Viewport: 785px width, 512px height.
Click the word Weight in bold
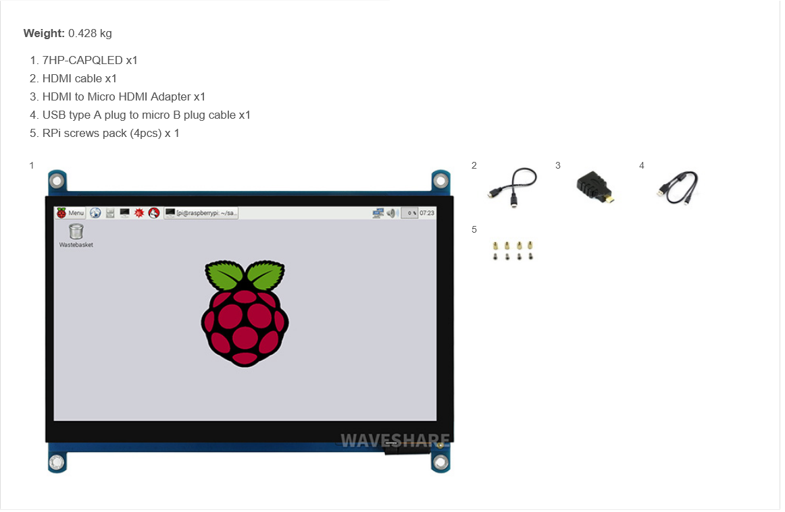pos(44,33)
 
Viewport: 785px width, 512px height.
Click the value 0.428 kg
pos(90,33)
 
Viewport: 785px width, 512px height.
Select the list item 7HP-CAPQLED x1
pos(90,60)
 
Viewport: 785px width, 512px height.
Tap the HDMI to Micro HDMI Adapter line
pos(124,96)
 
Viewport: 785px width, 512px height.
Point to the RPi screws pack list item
pos(111,133)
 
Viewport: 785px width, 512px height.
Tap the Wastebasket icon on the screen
pos(76,232)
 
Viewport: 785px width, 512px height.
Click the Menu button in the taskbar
pos(70,213)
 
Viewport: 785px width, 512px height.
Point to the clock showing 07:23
pos(427,213)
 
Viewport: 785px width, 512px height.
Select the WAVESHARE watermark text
pos(395,440)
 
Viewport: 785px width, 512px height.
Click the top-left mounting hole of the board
pos(57,180)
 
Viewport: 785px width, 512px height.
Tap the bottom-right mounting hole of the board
pos(440,462)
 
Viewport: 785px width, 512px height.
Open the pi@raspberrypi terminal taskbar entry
pos(201,213)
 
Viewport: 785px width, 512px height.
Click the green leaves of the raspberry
pos(245,275)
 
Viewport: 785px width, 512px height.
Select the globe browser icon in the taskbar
pos(95,213)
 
